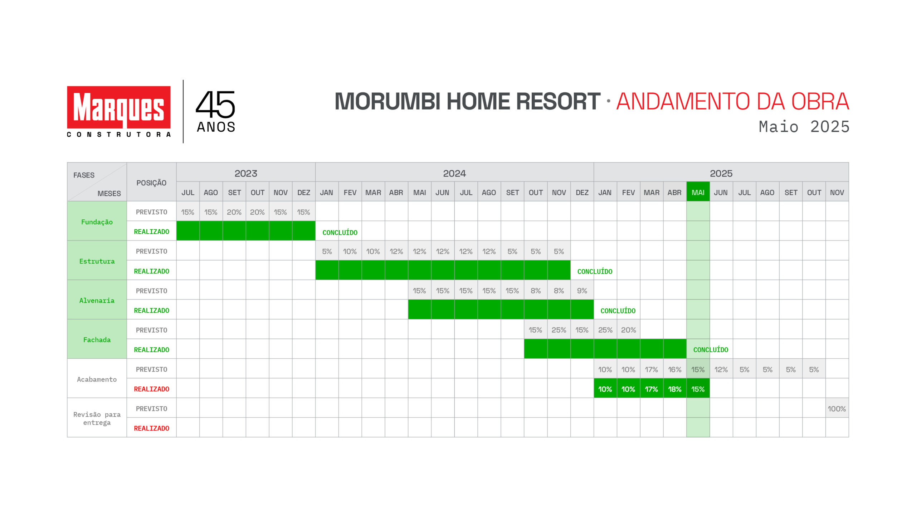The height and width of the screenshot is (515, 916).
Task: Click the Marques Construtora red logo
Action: tap(119, 111)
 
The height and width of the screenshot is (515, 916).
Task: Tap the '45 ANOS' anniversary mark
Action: tap(216, 111)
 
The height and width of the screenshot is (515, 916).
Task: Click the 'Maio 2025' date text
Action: tap(804, 127)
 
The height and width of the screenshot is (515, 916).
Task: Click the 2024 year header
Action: tap(454, 173)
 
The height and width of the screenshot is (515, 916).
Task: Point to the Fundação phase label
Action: tap(97, 222)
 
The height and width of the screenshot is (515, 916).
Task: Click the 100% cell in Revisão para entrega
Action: tap(837, 409)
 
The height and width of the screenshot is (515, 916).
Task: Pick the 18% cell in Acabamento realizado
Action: tap(675, 389)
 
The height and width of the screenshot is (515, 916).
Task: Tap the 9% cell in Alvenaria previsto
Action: tap(582, 291)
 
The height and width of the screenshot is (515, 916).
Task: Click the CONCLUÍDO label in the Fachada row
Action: tap(711, 350)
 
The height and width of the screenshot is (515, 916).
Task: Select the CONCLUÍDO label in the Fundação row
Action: tap(340, 232)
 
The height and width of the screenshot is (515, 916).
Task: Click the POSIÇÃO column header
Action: tap(151, 183)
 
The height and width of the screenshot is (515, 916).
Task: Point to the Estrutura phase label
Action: tap(97, 261)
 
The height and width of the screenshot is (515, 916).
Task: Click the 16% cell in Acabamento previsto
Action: tap(675, 369)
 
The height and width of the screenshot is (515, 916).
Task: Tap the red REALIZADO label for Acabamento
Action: tap(151, 389)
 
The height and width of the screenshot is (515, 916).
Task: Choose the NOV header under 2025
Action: tap(837, 192)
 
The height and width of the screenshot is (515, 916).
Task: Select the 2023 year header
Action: tap(246, 173)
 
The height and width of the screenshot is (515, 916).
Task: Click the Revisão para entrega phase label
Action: tap(97, 418)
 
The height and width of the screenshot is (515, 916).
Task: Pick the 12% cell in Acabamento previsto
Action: tap(721, 369)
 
